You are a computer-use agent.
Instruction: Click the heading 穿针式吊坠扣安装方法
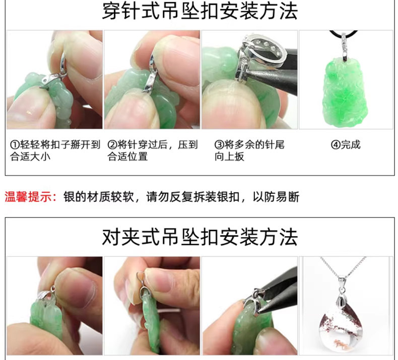pyautogui.click(x=200, y=12)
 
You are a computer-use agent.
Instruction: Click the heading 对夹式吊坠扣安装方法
pyautogui.click(x=200, y=237)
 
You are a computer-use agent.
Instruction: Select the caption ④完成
pyautogui.click(x=346, y=145)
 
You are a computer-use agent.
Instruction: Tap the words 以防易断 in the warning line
pyautogui.click(x=276, y=197)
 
